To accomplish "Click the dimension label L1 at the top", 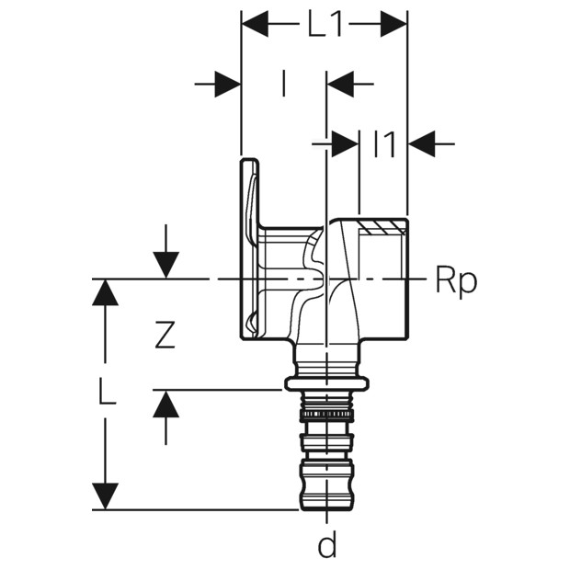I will (324, 25).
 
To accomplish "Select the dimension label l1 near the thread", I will (383, 144).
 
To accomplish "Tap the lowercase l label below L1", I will (283, 85).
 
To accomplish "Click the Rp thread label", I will (456, 281).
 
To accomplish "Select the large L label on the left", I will (107, 393).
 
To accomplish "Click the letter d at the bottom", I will (326, 546).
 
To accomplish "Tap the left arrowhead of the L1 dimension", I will (255, 24).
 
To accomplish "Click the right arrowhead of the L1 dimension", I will (393, 24).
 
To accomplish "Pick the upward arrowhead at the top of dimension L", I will (106, 293).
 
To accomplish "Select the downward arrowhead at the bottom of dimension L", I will (106, 496).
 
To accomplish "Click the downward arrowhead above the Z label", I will (165, 265).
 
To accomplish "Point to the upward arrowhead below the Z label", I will (165, 404).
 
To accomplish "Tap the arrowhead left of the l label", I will (227, 85).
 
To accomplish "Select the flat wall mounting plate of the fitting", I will (248, 248).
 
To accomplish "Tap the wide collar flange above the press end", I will (326, 383).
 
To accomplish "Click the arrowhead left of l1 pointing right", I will (345, 143).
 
